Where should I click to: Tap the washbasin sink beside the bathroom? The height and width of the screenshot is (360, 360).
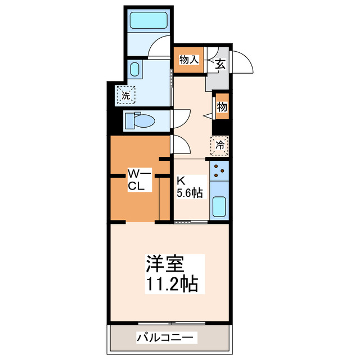[x=136, y=70]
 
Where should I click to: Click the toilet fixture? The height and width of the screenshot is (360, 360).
[x=140, y=120]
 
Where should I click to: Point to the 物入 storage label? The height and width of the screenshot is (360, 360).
[x=188, y=59]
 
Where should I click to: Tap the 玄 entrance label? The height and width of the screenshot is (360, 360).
[x=220, y=64]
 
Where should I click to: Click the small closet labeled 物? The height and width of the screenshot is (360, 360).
[x=222, y=107]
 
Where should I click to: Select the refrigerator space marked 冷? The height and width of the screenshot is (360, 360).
[x=220, y=145]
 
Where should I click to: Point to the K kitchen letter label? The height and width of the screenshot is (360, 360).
[x=181, y=181]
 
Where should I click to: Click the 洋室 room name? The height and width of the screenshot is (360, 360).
[x=166, y=264]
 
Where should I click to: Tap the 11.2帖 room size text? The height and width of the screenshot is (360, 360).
[x=171, y=284]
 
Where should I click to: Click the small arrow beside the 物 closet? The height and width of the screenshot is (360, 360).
[x=207, y=115]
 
